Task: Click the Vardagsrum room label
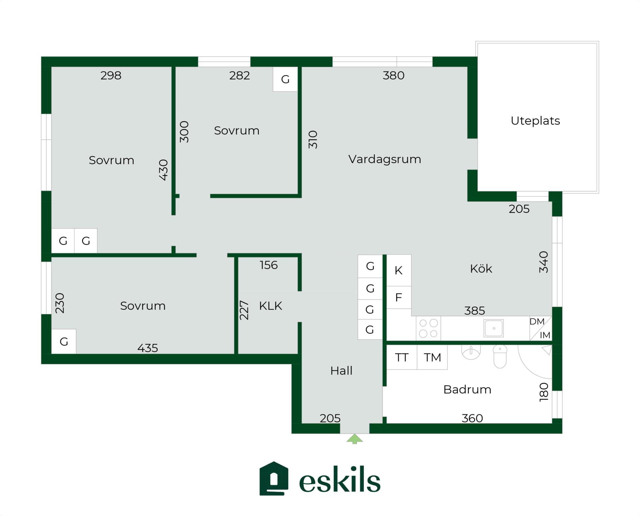click(x=385, y=159)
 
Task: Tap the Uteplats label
click(x=535, y=120)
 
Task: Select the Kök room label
click(x=481, y=269)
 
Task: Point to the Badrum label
click(x=467, y=389)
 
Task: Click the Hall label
click(x=341, y=371)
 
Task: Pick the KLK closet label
click(x=270, y=306)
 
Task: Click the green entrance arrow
click(x=355, y=439)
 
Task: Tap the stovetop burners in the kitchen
click(x=429, y=328)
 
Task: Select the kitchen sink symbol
click(x=494, y=328)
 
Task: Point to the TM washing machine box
click(x=432, y=357)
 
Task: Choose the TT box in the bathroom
click(x=402, y=357)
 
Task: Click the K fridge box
click(x=399, y=270)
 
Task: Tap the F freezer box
click(x=399, y=297)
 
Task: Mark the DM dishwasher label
click(x=537, y=322)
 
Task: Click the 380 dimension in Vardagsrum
click(x=393, y=75)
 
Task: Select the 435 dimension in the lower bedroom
click(x=148, y=348)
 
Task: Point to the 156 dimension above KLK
click(x=269, y=265)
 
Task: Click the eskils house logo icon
click(x=274, y=479)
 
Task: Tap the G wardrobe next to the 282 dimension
click(x=285, y=79)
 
